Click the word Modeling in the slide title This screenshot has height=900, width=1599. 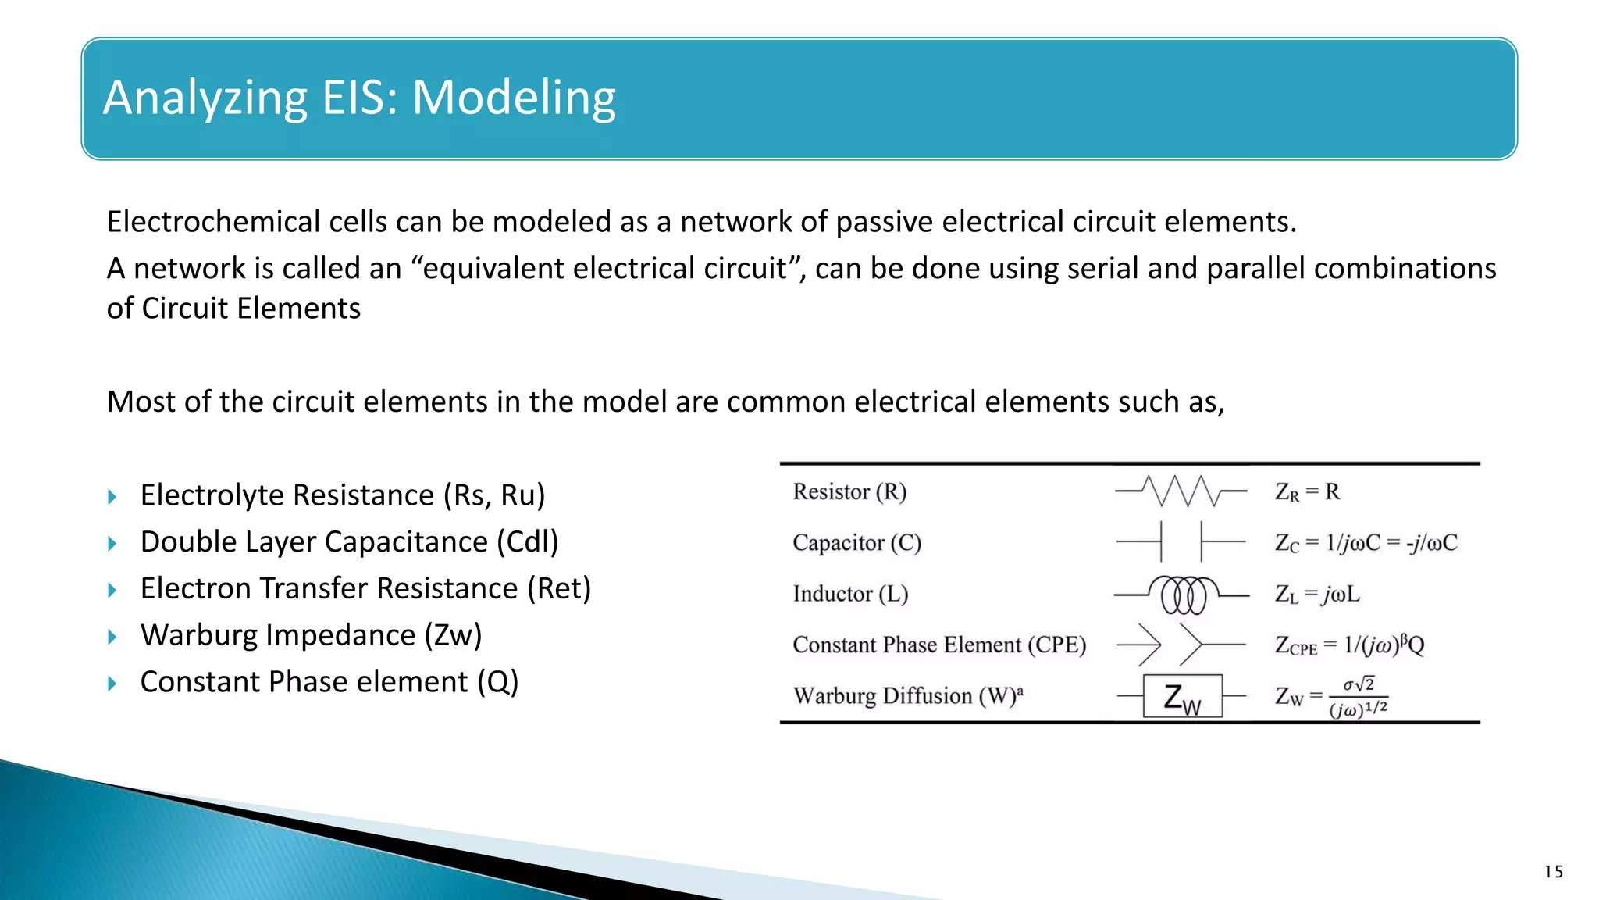[x=514, y=98]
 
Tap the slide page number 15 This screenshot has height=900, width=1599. [x=1553, y=872]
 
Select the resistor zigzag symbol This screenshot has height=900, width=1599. [x=1181, y=491]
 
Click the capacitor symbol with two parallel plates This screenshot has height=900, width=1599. [x=1181, y=541]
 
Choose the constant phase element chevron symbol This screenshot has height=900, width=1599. [x=1181, y=645]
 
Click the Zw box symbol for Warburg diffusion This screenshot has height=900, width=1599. [x=1182, y=695]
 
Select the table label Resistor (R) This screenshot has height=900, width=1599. [x=849, y=491]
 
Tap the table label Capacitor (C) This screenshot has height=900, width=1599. [x=856, y=542]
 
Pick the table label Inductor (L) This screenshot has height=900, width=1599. [x=850, y=594]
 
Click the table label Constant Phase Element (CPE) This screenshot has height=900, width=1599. [x=939, y=645]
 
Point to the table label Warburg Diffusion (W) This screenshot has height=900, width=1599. [x=907, y=695]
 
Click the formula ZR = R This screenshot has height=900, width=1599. [x=1307, y=491]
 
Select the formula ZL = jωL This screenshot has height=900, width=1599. [x=1317, y=594]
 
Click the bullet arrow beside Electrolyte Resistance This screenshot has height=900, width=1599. [x=112, y=497]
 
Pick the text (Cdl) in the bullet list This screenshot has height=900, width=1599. [x=528, y=541]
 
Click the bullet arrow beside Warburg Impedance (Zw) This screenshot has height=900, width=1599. [x=112, y=637]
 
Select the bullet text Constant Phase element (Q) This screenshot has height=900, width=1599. [x=329, y=682]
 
